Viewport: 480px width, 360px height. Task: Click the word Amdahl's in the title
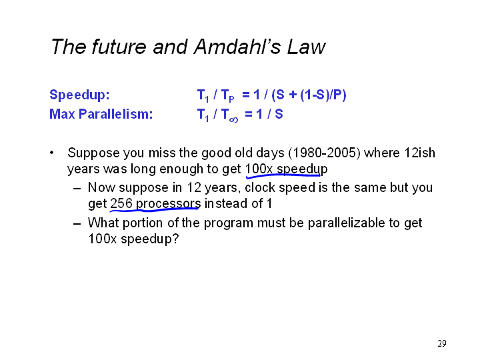(237, 47)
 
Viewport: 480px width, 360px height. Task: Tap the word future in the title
(119, 47)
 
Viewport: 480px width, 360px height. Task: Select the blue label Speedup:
(79, 95)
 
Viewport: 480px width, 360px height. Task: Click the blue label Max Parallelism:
(101, 114)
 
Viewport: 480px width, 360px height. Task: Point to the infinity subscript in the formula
(233, 120)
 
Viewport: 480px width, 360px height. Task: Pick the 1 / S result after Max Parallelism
(269, 114)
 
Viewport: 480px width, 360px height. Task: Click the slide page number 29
(442, 343)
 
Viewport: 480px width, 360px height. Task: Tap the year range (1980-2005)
(324, 153)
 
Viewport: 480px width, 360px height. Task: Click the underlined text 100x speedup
(287, 169)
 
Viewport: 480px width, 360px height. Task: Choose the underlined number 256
(121, 203)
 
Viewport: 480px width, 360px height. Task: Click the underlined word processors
(168, 204)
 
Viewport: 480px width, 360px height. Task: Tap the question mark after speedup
(175, 239)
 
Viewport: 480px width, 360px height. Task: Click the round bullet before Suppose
(52, 153)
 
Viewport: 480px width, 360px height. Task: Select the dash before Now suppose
(77, 189)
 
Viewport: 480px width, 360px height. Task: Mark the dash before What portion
(77, 224)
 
